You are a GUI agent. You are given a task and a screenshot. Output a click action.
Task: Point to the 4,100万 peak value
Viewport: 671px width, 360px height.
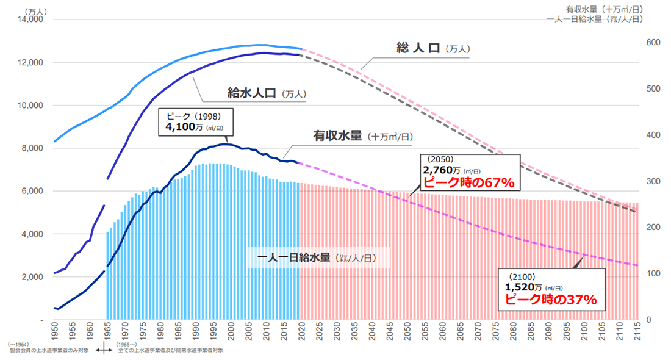[184, 127]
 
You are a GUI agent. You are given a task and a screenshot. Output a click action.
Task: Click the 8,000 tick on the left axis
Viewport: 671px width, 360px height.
[30, 148]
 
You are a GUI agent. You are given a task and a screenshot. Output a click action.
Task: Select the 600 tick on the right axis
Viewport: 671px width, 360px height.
[653, 42]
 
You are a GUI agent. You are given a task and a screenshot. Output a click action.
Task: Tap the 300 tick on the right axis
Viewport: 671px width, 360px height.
[653, 181]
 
